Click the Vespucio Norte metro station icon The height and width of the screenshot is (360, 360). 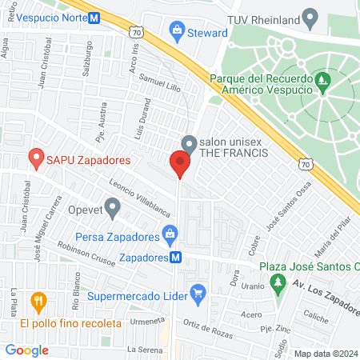pos(95,17)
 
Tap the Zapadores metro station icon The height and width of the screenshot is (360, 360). pos(175,258)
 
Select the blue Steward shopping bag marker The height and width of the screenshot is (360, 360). pos(176,32)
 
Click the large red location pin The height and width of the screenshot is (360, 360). pos(179,164)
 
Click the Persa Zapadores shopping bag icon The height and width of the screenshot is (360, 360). pos(169,236)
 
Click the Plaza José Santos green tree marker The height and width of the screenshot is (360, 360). pos(278,282)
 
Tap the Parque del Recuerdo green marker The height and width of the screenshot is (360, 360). pos(322,79)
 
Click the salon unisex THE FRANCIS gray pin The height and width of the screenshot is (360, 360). pos(189,144)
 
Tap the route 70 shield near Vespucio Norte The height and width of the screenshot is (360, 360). pos(137,33)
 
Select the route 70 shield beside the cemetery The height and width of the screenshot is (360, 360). pos(306,163)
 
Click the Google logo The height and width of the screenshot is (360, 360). pos(27,350)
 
